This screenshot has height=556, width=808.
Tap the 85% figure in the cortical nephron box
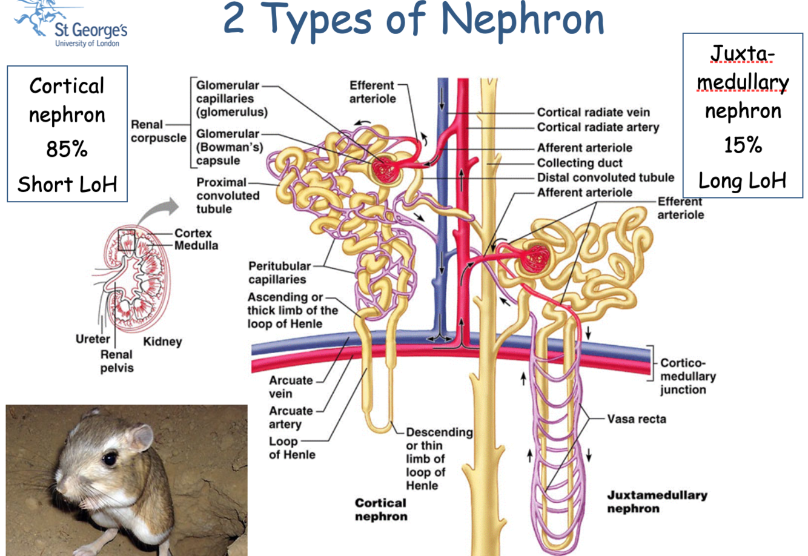point(67,148)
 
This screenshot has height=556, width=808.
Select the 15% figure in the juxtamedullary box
point(743,145)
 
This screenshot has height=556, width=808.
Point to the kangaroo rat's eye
point(109,458)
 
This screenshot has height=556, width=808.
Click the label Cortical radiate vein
point(593,112)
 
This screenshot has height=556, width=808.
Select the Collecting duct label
point(580,163)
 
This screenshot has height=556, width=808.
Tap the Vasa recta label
point(636,419)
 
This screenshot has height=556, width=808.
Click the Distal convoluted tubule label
point(605,177)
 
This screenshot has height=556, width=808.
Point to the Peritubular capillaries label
point(279,273)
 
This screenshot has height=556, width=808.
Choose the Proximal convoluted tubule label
point(227,196)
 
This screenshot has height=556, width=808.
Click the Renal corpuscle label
point(158,131)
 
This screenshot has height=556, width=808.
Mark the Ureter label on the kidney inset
point(93,339)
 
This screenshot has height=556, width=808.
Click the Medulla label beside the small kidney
point(196,246)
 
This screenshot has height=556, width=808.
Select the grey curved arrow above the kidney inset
point(159,211)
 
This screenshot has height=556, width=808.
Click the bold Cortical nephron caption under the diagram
point(381,509)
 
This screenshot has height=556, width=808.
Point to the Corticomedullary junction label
point(687,376)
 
